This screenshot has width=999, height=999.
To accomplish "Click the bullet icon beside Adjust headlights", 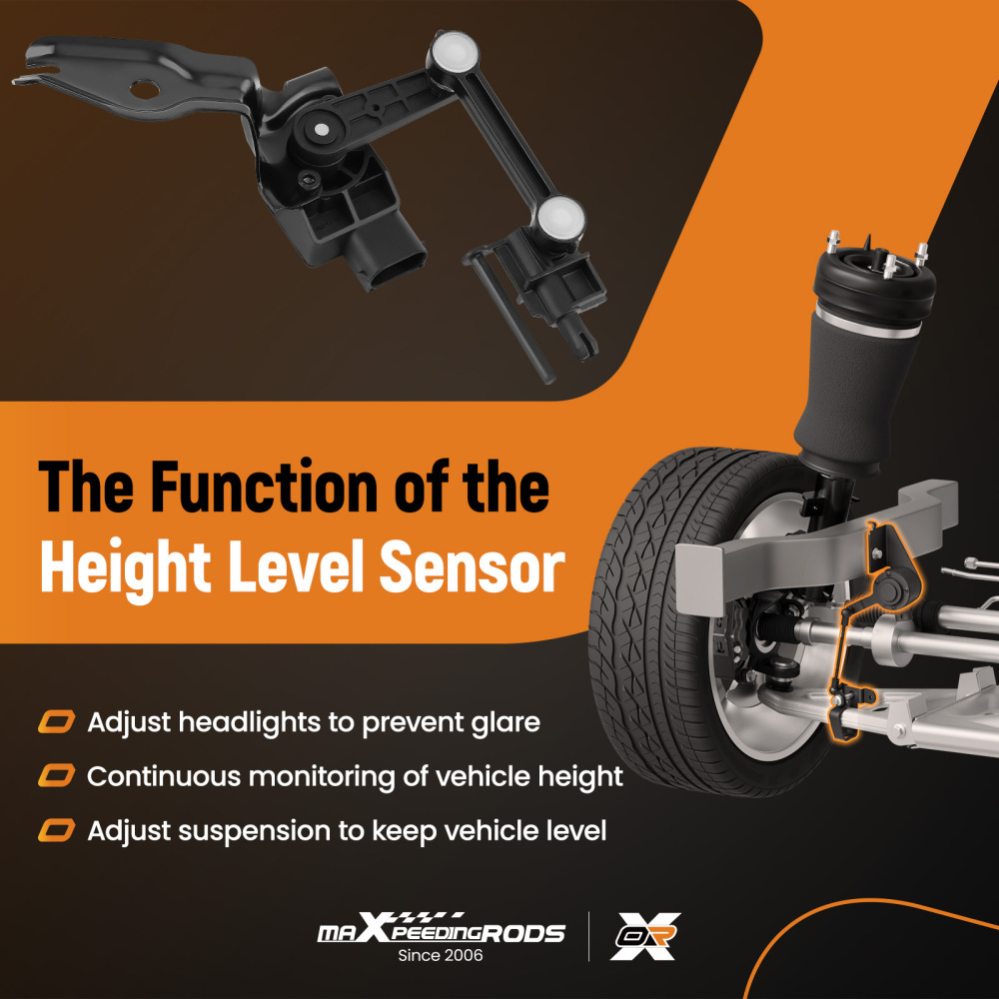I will (56, 721).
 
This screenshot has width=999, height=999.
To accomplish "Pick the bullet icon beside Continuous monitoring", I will (56, 775).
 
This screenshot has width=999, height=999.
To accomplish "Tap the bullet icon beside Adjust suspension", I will (56, 830).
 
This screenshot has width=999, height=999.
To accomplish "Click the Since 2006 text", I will (440, 956).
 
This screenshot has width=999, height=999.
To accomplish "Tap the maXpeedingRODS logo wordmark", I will (440, 931).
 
